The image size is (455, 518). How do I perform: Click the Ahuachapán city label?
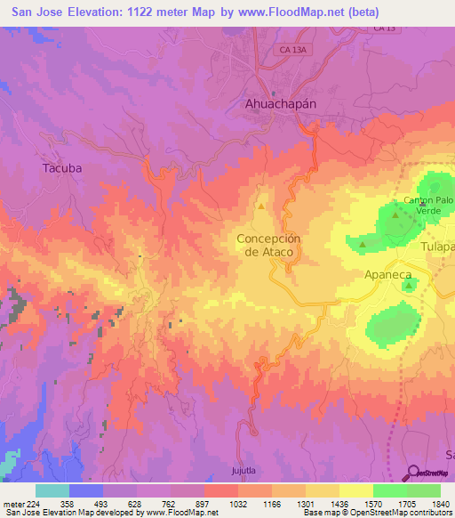[280, 103]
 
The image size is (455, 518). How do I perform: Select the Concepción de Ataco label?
[269, 246]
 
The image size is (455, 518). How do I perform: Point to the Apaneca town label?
[389, 276]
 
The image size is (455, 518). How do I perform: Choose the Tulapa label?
[439, 247]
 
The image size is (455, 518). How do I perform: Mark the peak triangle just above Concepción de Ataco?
[261, 207]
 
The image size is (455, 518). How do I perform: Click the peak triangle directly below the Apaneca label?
[408, 287]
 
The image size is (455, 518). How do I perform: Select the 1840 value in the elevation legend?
[441, 504]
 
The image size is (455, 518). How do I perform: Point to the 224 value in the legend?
[34, 504]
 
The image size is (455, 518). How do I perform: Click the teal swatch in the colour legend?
[52, 490]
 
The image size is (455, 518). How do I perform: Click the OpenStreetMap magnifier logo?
[411, 473]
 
